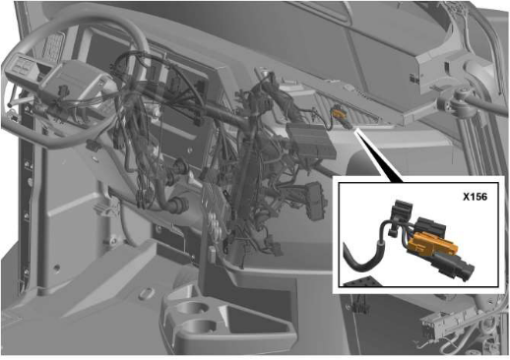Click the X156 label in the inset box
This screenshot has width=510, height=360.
[475, 197]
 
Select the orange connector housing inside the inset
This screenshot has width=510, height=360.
[430, 244]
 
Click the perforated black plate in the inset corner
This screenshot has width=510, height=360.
[361, 281]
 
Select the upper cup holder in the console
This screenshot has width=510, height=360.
[190, 308]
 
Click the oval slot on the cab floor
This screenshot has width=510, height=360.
[147, 293]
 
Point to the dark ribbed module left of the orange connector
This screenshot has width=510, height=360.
[309, 140]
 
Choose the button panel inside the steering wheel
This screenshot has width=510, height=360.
[21, 66]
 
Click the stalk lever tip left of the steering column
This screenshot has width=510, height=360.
[11, 104]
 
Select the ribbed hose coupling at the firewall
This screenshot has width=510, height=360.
[179, 205]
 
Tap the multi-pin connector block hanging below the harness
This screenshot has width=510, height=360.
[314, 201]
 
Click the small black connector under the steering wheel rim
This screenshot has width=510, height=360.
[93, 146]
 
